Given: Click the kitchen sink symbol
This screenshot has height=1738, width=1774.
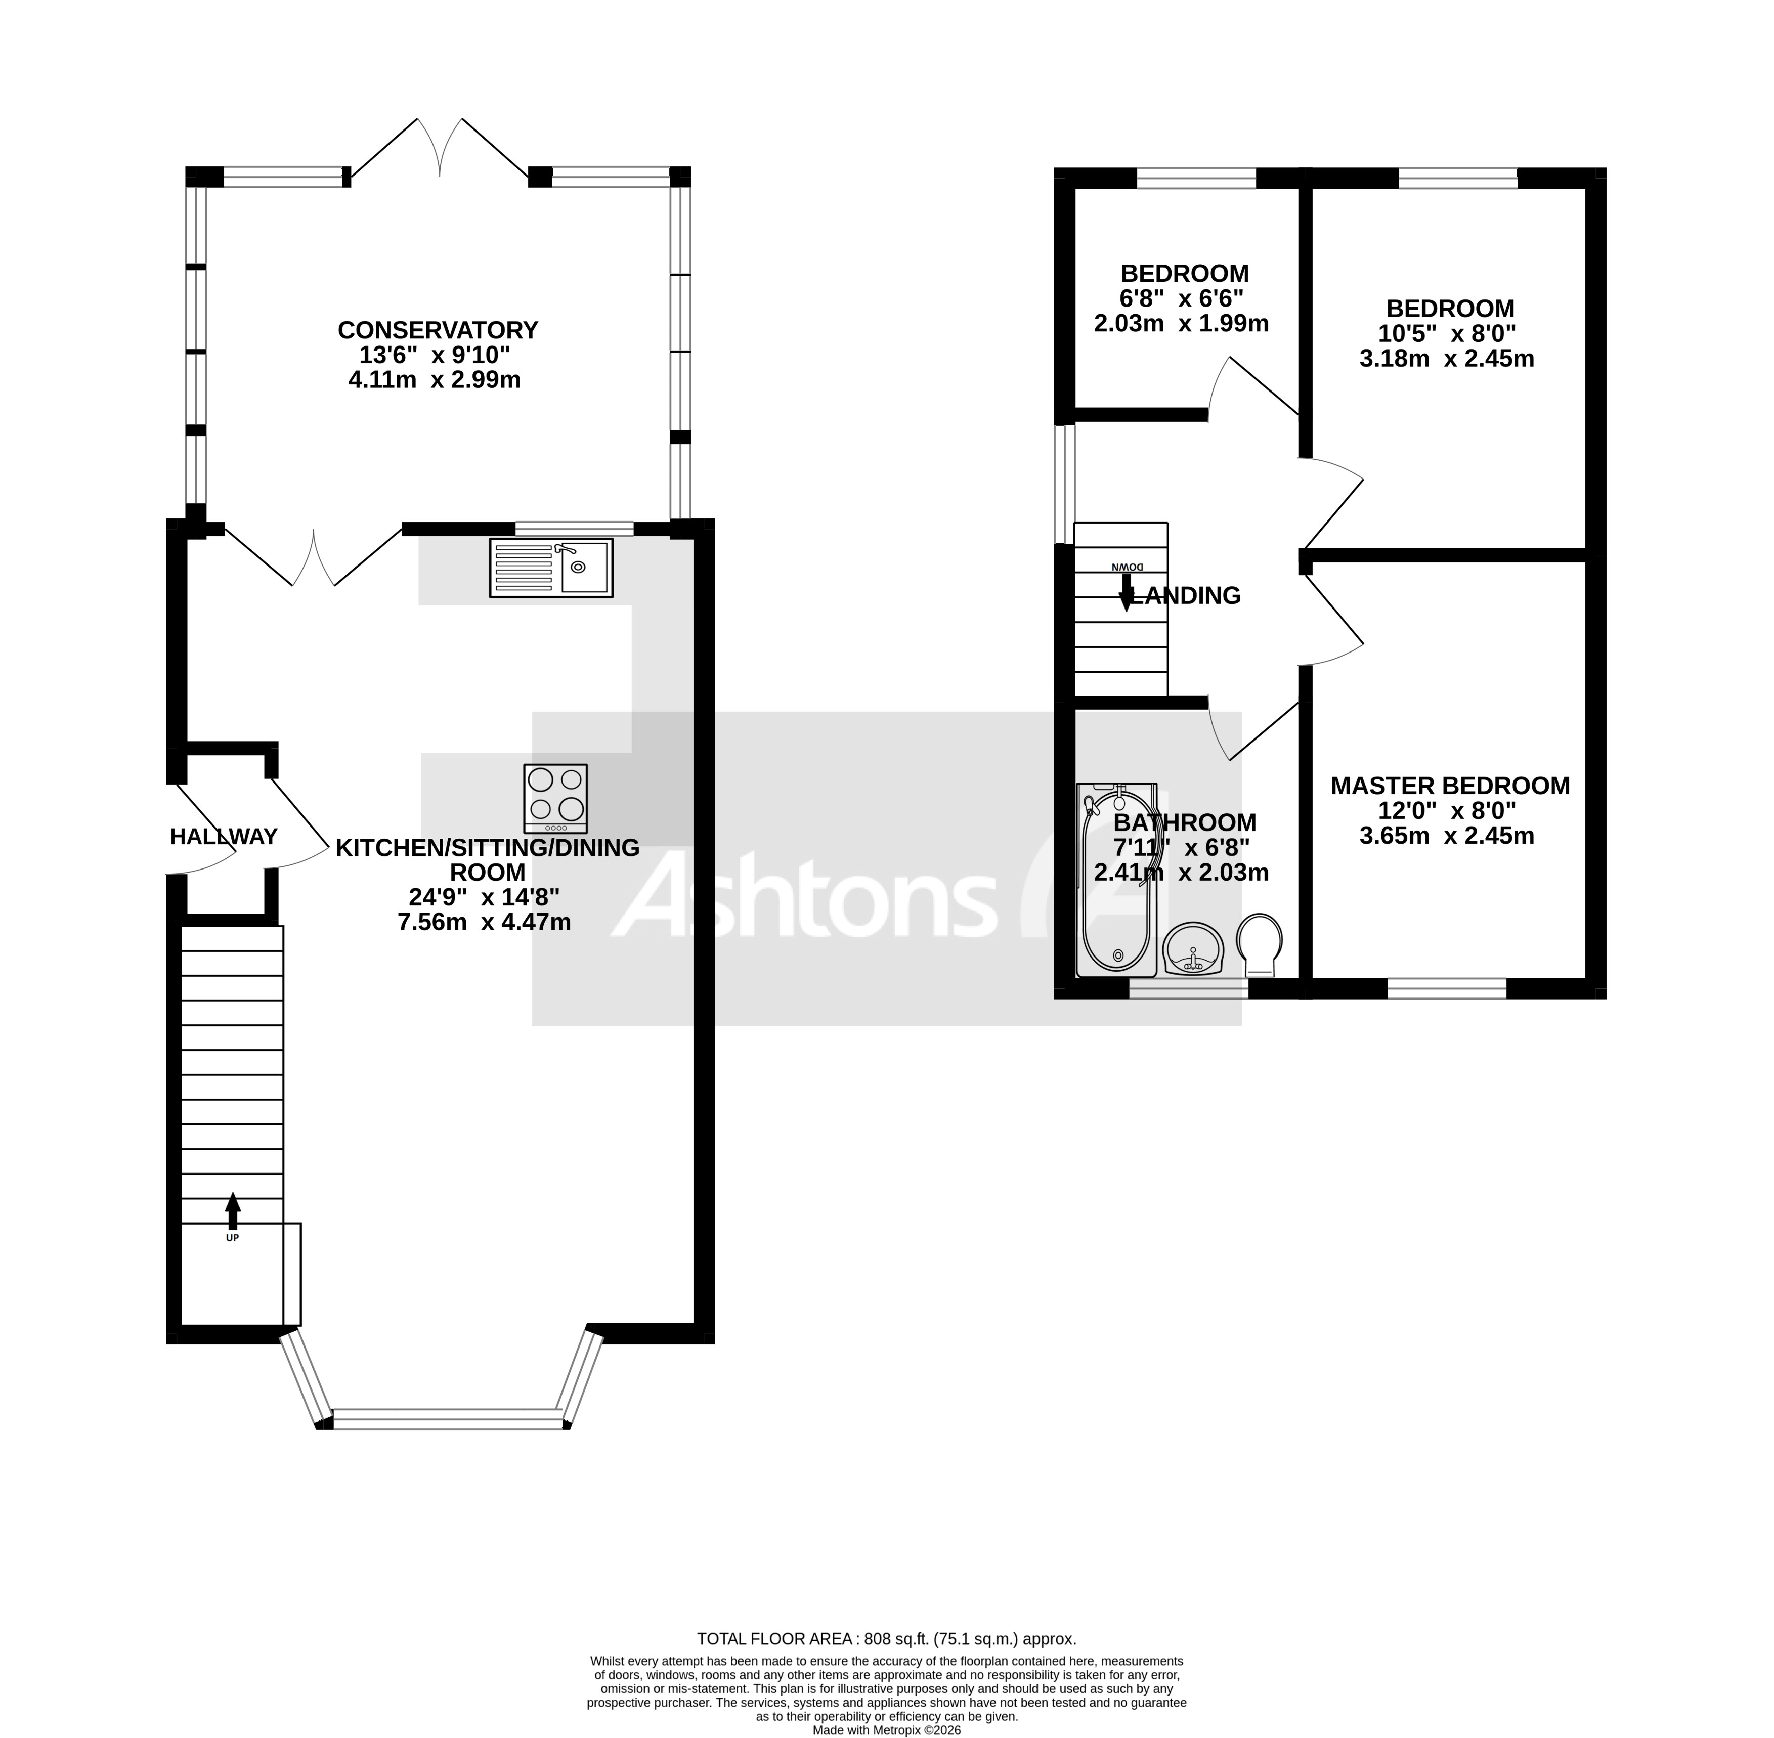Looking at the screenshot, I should (550, 567).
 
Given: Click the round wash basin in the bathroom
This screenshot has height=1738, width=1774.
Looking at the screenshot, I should (1192, 949).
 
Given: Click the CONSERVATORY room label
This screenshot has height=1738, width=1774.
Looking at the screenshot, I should (438, 329).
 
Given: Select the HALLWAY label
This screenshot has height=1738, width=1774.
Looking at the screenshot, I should (224, 836).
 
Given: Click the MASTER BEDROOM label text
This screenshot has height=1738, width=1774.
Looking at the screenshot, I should (1450, 785).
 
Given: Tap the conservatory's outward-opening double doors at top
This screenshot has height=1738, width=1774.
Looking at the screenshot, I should (440, 146).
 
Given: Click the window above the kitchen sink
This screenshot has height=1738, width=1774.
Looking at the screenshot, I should (574, 528).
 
